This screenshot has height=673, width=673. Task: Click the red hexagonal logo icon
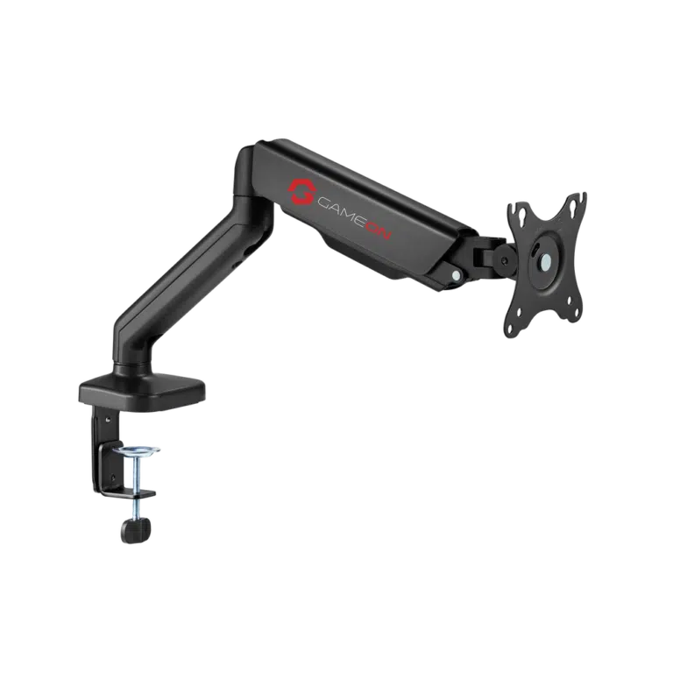(302, 191)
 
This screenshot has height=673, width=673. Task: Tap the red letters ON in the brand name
(378, 230)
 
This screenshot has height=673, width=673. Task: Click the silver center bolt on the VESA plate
(546, 259)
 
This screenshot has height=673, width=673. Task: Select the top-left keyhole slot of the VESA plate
(523, 213)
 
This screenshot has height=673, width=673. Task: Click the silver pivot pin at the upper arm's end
(455, 273)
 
